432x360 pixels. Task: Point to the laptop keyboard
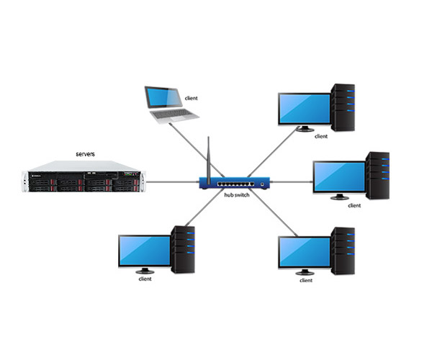point(173,115)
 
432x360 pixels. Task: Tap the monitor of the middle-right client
point(338,177)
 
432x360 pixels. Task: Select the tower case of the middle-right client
point(378,175)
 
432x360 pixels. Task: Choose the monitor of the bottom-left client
point(143,250)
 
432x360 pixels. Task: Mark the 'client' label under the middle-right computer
point(354,206)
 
